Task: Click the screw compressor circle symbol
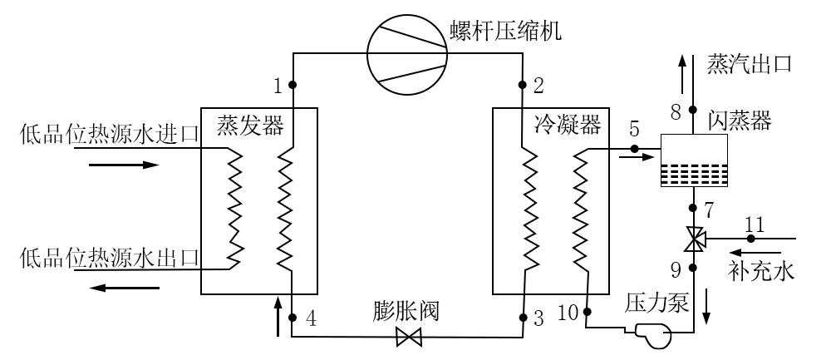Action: (x=407, y=53)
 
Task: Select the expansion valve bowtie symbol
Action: (x=409, y=337)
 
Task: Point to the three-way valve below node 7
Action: (x=694, y=239)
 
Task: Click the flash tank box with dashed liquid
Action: (x=694, y=160)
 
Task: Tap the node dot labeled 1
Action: (x=293, y=84)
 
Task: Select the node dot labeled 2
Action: (x=523, y=84)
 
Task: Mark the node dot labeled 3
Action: (x=523, y=318)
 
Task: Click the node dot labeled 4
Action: (x=293, y=318)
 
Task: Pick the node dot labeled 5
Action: (x=633, y=149)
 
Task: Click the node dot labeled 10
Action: (x=587, y=312)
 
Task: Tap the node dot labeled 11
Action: (x=751, y=239)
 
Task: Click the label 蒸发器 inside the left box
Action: (x=250, y=126)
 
